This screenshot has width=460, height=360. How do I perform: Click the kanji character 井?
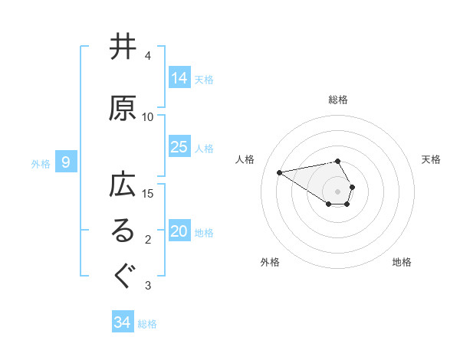(x=123, y=48)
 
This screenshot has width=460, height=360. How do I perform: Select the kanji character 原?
(x=123, y=109)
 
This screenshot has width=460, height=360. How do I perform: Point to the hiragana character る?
(x=123, y=233)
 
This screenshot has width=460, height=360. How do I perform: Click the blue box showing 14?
(x=179, y=77)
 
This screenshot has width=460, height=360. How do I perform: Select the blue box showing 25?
(x=179, y=147)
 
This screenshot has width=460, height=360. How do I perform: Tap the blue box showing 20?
(x=179, y=231)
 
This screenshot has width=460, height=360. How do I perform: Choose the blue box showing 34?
(x=123, y=322)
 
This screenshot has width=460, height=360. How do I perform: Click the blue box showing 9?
(x=66, y=162)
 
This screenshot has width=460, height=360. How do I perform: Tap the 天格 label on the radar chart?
(x=431, y=159)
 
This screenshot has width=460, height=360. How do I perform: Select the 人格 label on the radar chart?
(x=245, y=159)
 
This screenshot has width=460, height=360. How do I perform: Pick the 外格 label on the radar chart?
(x=270, y=262)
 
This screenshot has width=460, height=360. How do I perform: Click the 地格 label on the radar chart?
(x=402, y=262)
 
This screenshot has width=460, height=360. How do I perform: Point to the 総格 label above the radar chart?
(x=338, y=100)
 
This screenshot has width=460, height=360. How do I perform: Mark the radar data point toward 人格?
(x=279, y=172)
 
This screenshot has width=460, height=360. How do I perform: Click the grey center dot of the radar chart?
(x=338, y=191)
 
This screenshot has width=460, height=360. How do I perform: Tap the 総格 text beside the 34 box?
(x=147, y=324)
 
